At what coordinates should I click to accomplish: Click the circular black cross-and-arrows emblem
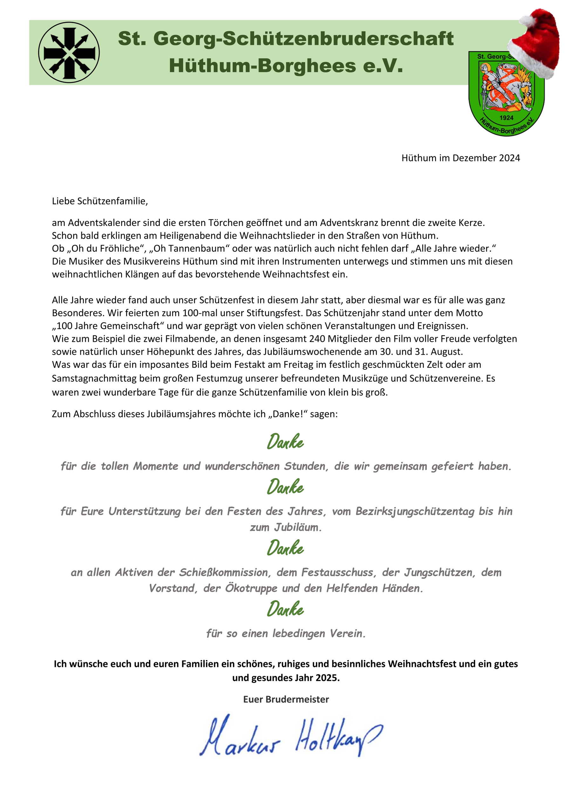[69, 53]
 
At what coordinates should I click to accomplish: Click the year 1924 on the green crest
[506, 118]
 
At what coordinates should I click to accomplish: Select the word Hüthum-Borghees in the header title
[262, 66]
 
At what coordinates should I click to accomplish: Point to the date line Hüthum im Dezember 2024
[460, 158]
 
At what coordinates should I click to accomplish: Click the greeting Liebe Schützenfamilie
[100, 201]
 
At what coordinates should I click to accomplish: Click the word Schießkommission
[225, 572]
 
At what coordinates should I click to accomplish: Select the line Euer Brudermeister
[286, 699]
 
